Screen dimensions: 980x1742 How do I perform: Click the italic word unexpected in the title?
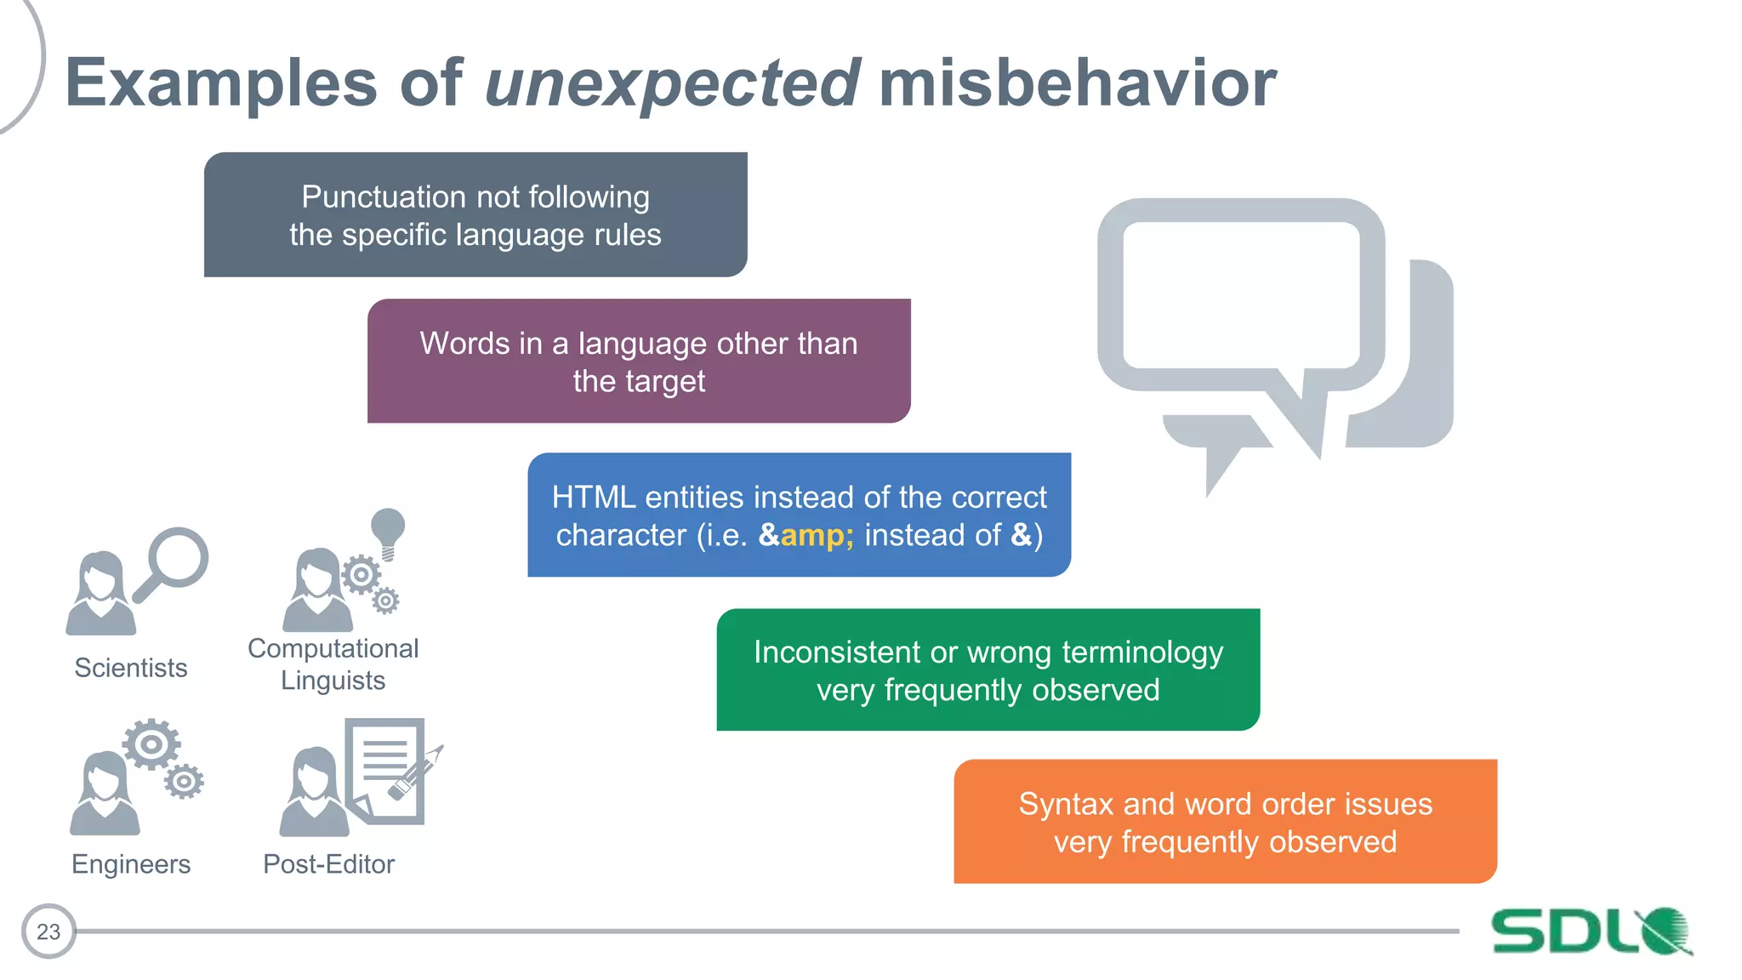pyautogui.click(x=672, y=83)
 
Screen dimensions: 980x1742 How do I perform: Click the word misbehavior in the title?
pyautogui.click(x=1077, y=83)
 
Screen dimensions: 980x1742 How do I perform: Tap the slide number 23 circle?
pyautogui.click(x=48, y=932)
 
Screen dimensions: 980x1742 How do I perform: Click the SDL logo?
pyautogui.click(x=1591, y=932)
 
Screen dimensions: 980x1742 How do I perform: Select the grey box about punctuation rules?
pyautogui.click(x=475, y=214)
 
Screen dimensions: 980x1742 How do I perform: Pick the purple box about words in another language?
pyautogui.click(x=639, y=361)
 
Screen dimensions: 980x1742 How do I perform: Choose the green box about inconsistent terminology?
pyautogui.click(x=988, y=669)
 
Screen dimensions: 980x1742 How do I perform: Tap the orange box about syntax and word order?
pyautogui.click(x=1225, y=822)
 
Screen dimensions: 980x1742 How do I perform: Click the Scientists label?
pyautogui.click(x=131, y=668)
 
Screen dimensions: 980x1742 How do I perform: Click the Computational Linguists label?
pyautogui.click(x=333, y=664)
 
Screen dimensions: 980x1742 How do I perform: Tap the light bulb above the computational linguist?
pyautogui.click(x=388, y=529)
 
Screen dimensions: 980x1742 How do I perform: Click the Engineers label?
pyautogui.click(x=131, y=864)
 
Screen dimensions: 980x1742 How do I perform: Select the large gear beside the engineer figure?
pyautogui.click(x=151, y=744)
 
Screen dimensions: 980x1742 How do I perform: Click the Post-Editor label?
pyautogui.click(x=328, y=864)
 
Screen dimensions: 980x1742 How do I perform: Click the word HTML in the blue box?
pyautogui.click(x=593, y=497)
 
